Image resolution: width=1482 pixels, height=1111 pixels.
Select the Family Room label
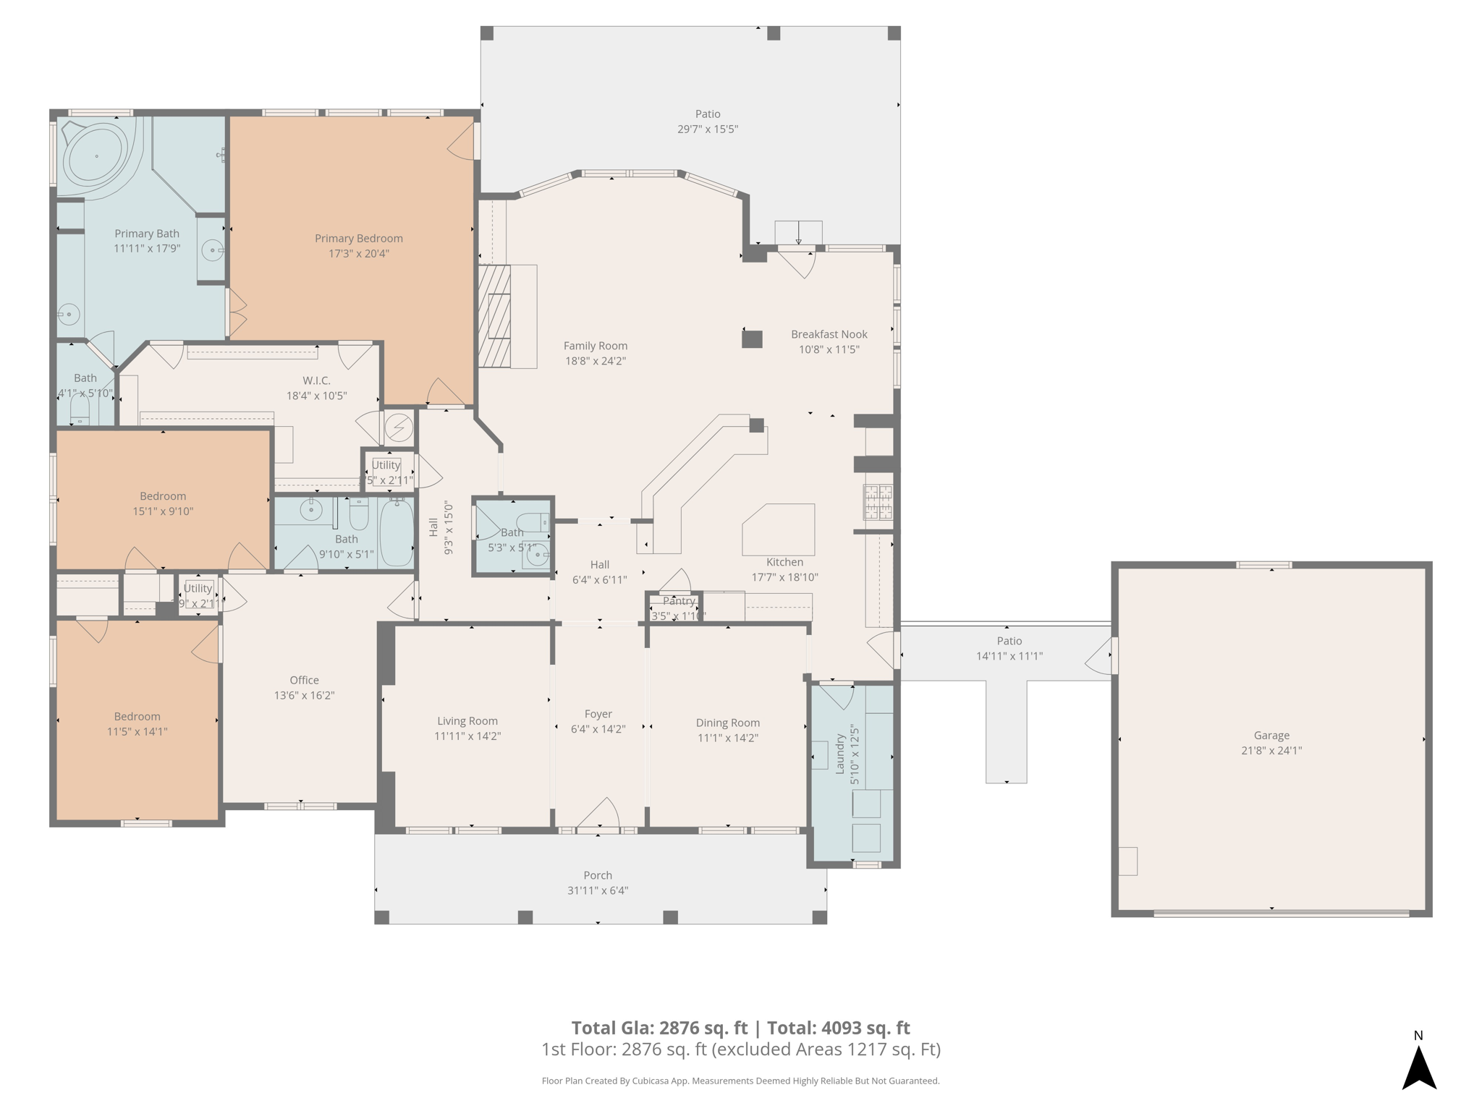(596, 346)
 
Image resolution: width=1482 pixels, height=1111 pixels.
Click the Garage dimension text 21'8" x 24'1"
(1271, 751)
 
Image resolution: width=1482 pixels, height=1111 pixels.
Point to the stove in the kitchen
(878, 502)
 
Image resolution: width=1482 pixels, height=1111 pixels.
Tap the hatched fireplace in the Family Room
(495, 316)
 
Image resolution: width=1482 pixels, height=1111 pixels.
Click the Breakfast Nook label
(829, 334)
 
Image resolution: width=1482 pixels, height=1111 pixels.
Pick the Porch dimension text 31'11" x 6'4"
(598, 890)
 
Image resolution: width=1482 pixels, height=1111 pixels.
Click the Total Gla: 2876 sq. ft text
(659, 1028)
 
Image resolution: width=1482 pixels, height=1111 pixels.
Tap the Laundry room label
(840, 754)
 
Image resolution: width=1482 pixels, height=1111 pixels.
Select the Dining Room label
(727, 723)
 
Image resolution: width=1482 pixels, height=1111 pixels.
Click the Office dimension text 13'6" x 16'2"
(304, 695)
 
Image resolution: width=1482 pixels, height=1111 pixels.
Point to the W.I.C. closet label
(316, 380)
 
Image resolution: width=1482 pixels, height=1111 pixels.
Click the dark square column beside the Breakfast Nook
(752, 339)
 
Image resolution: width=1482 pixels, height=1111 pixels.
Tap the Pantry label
(679, 601)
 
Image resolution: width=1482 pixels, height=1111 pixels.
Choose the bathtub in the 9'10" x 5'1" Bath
(397, 532)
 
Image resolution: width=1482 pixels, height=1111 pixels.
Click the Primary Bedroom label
(358, 238)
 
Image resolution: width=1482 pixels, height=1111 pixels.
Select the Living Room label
(467, 720)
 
